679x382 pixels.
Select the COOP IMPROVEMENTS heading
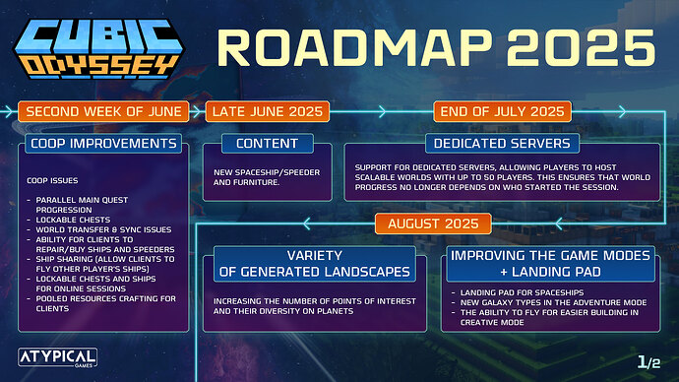point(104,144)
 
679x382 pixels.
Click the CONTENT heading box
point(267,144)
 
